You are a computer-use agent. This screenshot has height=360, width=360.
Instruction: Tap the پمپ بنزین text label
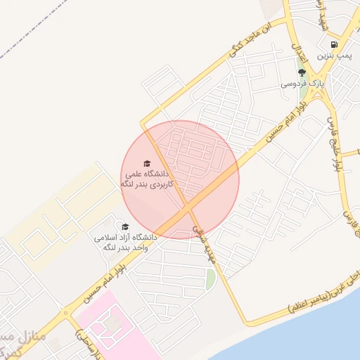[333, 54]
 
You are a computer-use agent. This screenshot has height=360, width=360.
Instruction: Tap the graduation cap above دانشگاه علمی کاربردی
[147, 163]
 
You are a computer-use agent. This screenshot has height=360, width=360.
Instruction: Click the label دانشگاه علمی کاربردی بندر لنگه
[148, 178]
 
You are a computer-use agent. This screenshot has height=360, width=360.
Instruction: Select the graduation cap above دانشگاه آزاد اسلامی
[125, 226]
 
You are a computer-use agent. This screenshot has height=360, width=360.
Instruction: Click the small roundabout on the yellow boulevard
[65, 313]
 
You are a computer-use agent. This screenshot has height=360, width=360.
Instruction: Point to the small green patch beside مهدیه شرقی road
[210, 279]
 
